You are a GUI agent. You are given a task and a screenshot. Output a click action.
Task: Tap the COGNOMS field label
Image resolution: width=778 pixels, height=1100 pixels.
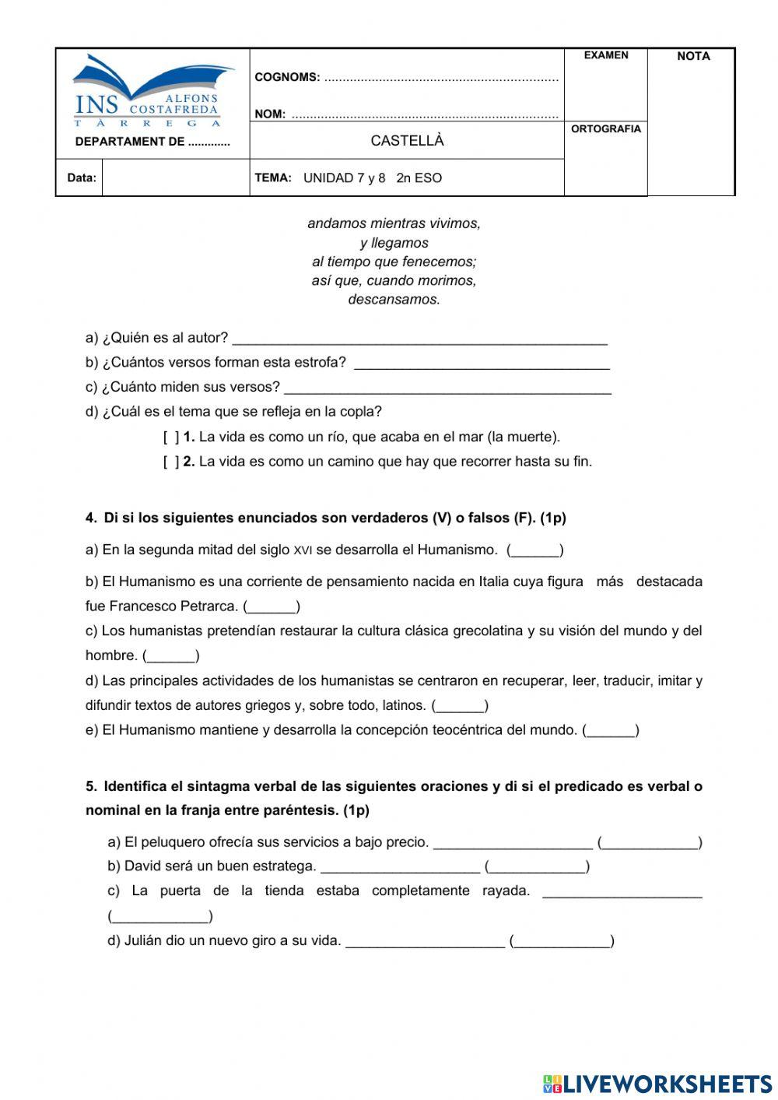pyautogui.click(x=287, y=77)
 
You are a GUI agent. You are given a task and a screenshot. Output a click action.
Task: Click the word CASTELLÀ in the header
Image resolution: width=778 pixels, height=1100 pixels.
pyautogui.click(x=407, y=141)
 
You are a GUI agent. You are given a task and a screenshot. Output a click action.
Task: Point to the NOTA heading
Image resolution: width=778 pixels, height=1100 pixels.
pyautogui.click(x=692, y=56)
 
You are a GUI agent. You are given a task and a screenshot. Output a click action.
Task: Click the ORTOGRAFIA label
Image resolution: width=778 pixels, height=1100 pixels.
pyautogui.click(x=605, y=129)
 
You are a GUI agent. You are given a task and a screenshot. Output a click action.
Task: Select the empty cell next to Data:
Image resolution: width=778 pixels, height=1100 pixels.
pyautogui.click(x=175, y=177)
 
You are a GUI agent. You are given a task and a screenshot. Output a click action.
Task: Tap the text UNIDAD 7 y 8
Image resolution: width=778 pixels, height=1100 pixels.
pyautogui.click(x=344, y=178)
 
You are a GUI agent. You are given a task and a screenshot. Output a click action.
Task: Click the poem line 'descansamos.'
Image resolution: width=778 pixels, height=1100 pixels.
pyautogui.click(x=394, y=300)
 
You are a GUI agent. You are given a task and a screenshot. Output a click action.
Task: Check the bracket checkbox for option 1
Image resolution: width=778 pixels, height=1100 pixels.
pyautogui.click(x=171, y=438)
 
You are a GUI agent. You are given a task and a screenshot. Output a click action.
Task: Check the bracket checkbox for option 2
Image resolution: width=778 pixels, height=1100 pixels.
pyautogui.click(x=171, y=462)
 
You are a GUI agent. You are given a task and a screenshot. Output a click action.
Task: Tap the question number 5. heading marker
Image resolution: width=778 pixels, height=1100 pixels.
pyautogui.click(x=92, y=786)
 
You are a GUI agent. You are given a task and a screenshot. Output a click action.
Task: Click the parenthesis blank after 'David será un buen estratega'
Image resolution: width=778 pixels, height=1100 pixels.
pyautogui.click(x=537, y=867)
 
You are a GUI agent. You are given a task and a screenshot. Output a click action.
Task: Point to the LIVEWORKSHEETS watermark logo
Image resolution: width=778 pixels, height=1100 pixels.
pyautogui.click(x=657, y=1083)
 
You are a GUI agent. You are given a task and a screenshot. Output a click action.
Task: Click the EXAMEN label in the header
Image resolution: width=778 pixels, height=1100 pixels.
pyautogui.click(x=605, y=55)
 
